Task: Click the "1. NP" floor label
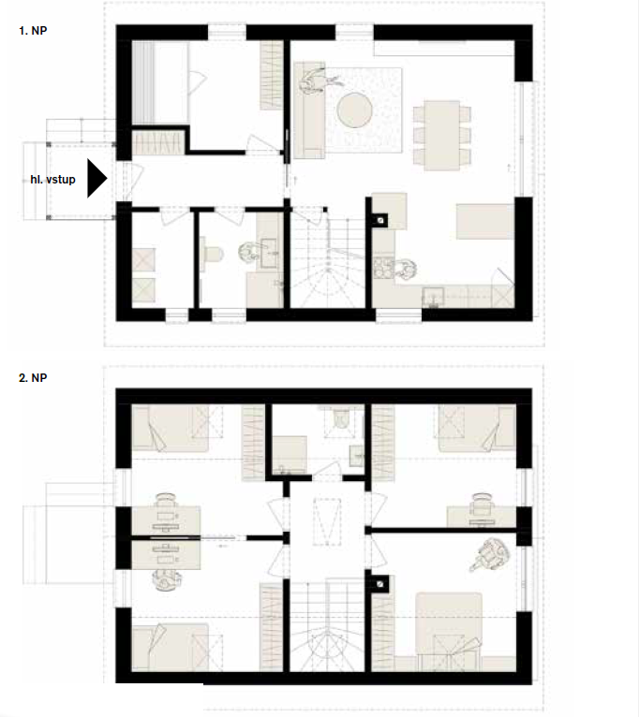pyautogui.click(x=33, y=31)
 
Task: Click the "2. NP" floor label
pyautogui.click(x=33, y=378)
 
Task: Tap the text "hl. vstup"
pyautogui.click(x=52, y=180)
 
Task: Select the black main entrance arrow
pyautogui.click(x=97, y=179)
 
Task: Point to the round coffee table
pyautogui.click(x=354, y=110)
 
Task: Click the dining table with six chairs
pyautogui.click(x=441, y=136)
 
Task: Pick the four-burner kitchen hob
pyautogui.click(x=383, y=268)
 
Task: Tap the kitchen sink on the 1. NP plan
pyautogui.click(x=433, y=297)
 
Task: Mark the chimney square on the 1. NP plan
pyautogui.click(x=380, y=221)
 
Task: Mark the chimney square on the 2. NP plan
pyautogui.click(x=380, y=584)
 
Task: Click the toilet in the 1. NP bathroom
pyautogui.click(x=212, y=254)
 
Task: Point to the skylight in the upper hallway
pyautogui.click(x=327, y=521)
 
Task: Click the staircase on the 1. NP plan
pyautogui.click(x=328, y=259)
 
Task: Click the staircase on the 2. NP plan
pyautogui.click(x=327, y=625)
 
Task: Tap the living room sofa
pyautogui.click(x=309, y=110)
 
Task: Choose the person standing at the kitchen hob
pyautogui.click(x=405, y=269)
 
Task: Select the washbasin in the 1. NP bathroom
pyautogui.click(x=268, y=254)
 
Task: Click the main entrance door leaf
pyautogui.click(x=137, y=180)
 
